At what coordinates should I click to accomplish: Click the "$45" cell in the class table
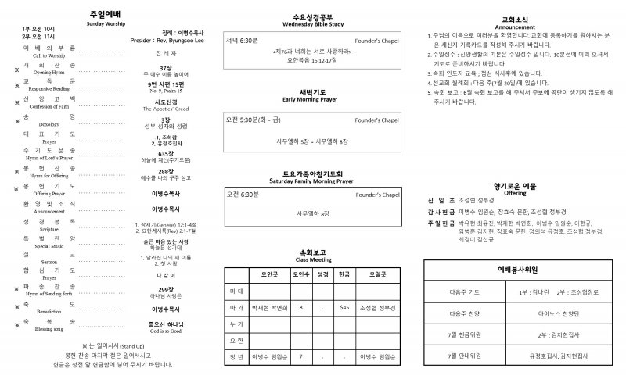pos(344,307)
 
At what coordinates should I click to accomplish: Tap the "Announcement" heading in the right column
pos(515,25)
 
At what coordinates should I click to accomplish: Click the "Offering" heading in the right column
pos(515,192)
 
